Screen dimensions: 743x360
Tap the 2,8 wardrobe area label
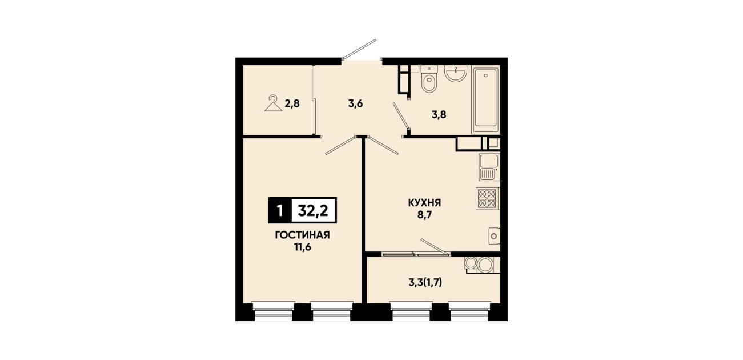[292, 104]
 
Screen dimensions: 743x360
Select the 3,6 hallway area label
[356, 104]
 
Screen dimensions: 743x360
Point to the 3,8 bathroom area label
[439, 115]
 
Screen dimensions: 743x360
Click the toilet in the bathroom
[429, 79]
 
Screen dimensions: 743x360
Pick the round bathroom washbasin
[456, 73]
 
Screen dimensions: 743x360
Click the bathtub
[485, 100]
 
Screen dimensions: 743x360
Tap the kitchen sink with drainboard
[489, 167]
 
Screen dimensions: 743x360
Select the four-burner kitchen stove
[488, 198]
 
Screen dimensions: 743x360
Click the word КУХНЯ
[424, 203]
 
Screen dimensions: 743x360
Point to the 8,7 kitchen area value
[424, 215]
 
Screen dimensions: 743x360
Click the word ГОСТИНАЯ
[303, 235]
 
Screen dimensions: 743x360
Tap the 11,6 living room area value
[303, 247]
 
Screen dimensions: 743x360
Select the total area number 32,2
[314, 210]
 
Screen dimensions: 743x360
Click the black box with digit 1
[280, 210]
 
